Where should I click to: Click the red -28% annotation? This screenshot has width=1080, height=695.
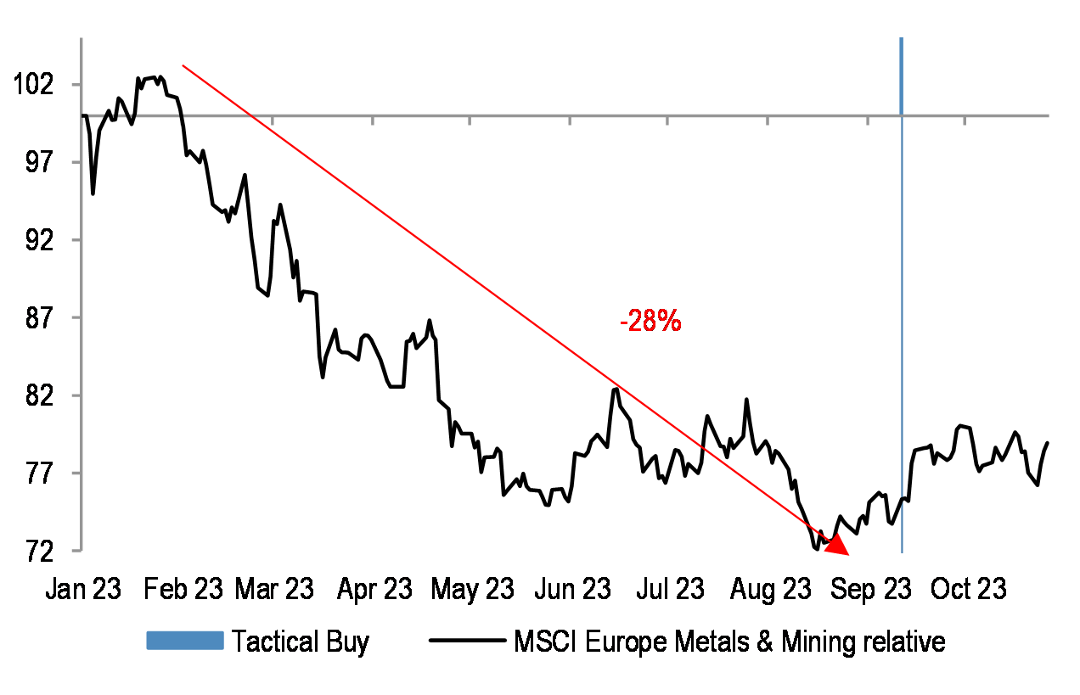coord(650,322)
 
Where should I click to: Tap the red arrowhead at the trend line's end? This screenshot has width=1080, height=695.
coord(836,545)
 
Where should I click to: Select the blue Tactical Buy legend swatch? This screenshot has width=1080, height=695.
coord(184,641)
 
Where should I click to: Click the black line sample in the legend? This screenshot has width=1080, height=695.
coord(468,641)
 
